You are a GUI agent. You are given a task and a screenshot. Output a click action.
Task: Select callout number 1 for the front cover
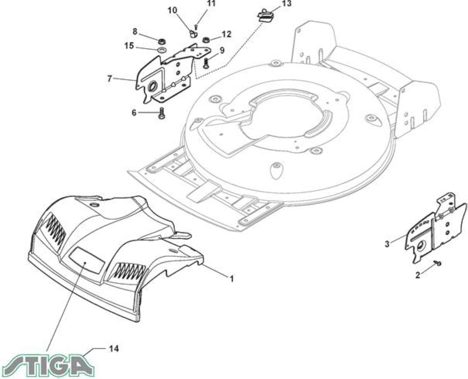(231, 279)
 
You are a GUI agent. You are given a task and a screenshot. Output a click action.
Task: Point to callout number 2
(418, 275)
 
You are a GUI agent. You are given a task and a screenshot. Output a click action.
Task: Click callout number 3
(387, 244)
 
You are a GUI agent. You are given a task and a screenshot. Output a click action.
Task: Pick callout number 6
(134, 113)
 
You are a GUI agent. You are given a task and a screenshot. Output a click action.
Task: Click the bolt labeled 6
(161, 114)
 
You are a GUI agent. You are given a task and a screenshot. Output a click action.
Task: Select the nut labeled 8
(162, 40)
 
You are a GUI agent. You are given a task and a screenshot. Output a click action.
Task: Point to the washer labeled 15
(162, 49)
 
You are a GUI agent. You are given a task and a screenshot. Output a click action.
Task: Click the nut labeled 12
(206, 39)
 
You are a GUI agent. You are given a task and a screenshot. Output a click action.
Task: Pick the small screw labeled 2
(438, 263)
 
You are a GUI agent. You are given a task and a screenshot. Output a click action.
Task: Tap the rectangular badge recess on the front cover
(87, 261)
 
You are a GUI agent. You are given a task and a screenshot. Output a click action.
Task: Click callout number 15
(129, 46)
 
